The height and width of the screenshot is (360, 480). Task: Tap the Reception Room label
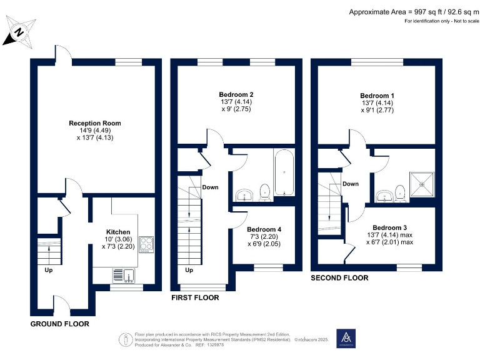point(95,123)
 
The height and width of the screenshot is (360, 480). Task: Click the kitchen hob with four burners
point(146,244)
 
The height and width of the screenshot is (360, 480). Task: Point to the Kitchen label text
point(118,232)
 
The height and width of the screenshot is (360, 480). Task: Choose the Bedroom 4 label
point(264,229)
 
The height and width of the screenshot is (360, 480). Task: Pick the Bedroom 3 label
point(390,227)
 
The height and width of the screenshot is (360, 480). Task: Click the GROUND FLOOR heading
point(59,324)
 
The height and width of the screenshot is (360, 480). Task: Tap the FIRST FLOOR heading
point(195,298)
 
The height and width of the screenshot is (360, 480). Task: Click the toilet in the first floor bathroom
point(264,192)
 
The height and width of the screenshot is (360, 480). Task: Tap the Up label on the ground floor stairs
point(48,271)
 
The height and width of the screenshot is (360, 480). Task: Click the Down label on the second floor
point(351,184)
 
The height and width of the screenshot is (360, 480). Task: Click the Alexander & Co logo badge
point(346,338)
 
